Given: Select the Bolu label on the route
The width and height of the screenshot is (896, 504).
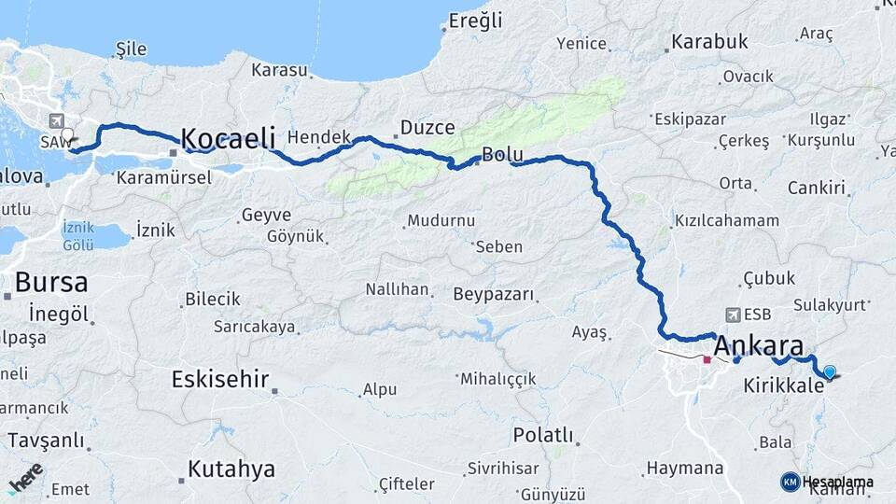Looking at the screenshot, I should coord(501,155).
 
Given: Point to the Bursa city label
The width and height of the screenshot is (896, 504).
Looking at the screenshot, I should coord(51,282).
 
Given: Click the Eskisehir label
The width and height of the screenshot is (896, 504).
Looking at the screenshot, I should coord(220,379).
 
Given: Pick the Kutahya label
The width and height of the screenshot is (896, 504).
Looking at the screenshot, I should coord(231,469).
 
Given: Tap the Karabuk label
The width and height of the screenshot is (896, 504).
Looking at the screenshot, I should coord(709,42).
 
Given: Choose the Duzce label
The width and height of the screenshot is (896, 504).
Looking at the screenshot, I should coord(427,127).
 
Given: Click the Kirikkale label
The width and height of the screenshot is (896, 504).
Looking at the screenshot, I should coord(783,385).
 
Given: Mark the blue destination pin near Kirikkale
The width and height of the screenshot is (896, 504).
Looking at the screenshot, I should coord(830,371).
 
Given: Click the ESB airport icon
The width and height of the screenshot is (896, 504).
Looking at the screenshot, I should coord(734,315).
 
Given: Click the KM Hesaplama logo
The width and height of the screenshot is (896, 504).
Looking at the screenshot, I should coord(827,482).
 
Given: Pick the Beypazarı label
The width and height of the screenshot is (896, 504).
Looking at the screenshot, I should coord(494,295).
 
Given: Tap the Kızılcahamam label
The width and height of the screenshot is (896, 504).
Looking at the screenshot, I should coord(726,221).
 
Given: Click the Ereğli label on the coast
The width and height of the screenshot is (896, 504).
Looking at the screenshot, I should coord(475,21).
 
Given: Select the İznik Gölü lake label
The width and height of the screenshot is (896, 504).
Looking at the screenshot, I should coord(78,236).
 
